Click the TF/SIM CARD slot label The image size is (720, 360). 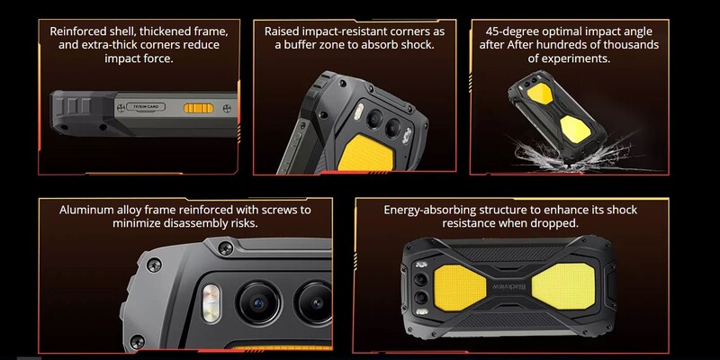coord(146,107)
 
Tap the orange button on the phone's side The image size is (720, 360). coord(198,108)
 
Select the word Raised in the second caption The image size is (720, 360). coord(279,31)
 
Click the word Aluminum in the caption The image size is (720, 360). coord(80,210)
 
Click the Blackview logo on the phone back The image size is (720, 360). coord(509,286)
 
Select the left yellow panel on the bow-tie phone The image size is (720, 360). coord(460,287)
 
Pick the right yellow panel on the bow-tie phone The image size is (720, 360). coord(563,286)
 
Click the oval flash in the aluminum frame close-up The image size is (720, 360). coord(211,302)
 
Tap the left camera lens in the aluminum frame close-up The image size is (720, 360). coord(258,303)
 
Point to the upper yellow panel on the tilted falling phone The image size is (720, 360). coord(541,93)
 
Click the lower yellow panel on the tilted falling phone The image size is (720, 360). coord(575,129)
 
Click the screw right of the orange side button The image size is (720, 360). coord(227,108)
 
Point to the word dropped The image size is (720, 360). coord(556,223)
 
